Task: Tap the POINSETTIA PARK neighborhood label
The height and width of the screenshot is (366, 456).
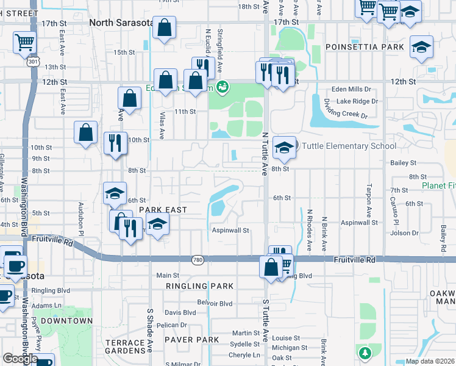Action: [365, 47]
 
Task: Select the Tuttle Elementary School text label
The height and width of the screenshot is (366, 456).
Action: [349, 146]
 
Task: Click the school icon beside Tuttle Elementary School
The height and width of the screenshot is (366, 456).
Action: [284, 147]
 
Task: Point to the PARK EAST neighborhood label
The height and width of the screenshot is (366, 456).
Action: [162, 209]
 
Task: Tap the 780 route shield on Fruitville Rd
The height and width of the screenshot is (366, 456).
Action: [197, 259]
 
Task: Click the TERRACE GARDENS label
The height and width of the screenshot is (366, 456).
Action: [125, 348]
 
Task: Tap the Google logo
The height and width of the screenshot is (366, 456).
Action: [20, 358]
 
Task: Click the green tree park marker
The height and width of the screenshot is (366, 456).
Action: [365, 353]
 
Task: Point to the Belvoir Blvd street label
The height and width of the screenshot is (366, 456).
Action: [215, 303]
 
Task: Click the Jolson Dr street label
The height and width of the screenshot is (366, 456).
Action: [405, 233]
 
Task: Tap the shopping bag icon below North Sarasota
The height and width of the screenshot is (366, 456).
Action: [165, 28]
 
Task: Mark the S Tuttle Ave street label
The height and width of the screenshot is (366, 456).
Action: [265, 317]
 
